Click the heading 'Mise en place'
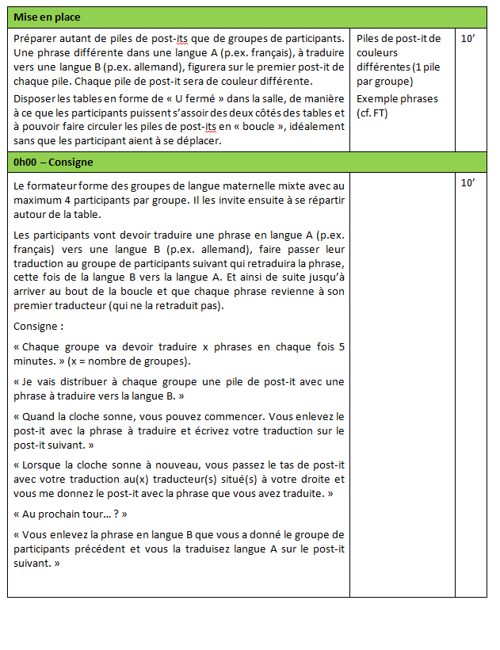point(47,17)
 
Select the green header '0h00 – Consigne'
point(53,162)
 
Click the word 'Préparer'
point(36,38)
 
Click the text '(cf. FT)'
point(372,113)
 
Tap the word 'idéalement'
point(312,127)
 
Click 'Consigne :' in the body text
point(39,326)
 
